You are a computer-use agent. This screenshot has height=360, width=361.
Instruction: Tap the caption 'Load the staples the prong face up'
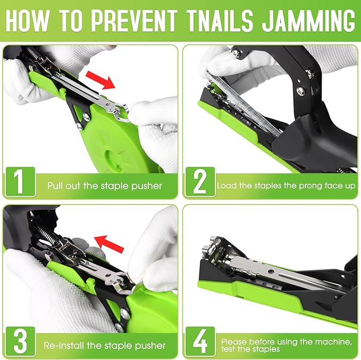tap(286, 186)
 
